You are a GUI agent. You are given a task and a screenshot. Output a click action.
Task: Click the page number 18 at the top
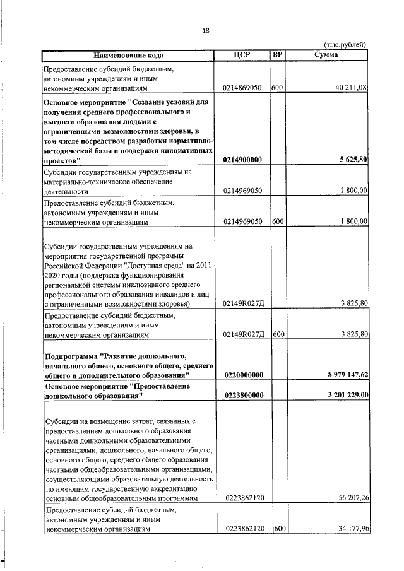[x=206, y=30]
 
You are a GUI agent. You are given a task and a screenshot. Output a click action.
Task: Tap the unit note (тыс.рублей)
[x=345, y=45]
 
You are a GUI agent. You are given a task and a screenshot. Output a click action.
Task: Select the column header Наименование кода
[x=128, y=56]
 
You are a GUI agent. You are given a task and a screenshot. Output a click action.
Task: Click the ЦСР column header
[x=242, y=56]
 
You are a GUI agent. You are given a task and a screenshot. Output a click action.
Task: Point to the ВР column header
[x=276, y=56]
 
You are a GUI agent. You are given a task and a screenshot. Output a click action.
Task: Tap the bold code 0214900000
[x=243, y=160]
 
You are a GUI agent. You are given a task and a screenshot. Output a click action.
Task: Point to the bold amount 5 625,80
[x=352, y=160]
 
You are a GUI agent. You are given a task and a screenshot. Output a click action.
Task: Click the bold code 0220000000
[x=243, y=375]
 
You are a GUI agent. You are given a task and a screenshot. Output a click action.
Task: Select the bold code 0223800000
[x=243, y=395]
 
